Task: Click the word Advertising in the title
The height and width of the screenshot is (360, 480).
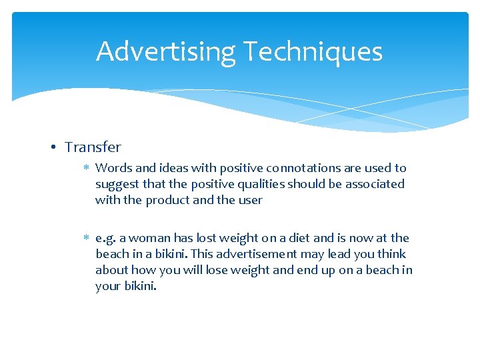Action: pos(166,51)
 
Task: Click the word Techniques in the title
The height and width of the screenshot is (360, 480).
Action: pos(312,51)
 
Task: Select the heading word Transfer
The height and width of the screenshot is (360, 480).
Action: pos(93,147)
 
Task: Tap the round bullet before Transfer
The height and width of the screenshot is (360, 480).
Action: pos(57,147)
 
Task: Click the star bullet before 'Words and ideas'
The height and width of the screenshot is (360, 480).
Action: pos(87,168)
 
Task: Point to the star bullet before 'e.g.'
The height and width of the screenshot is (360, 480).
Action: pos(87,238)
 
